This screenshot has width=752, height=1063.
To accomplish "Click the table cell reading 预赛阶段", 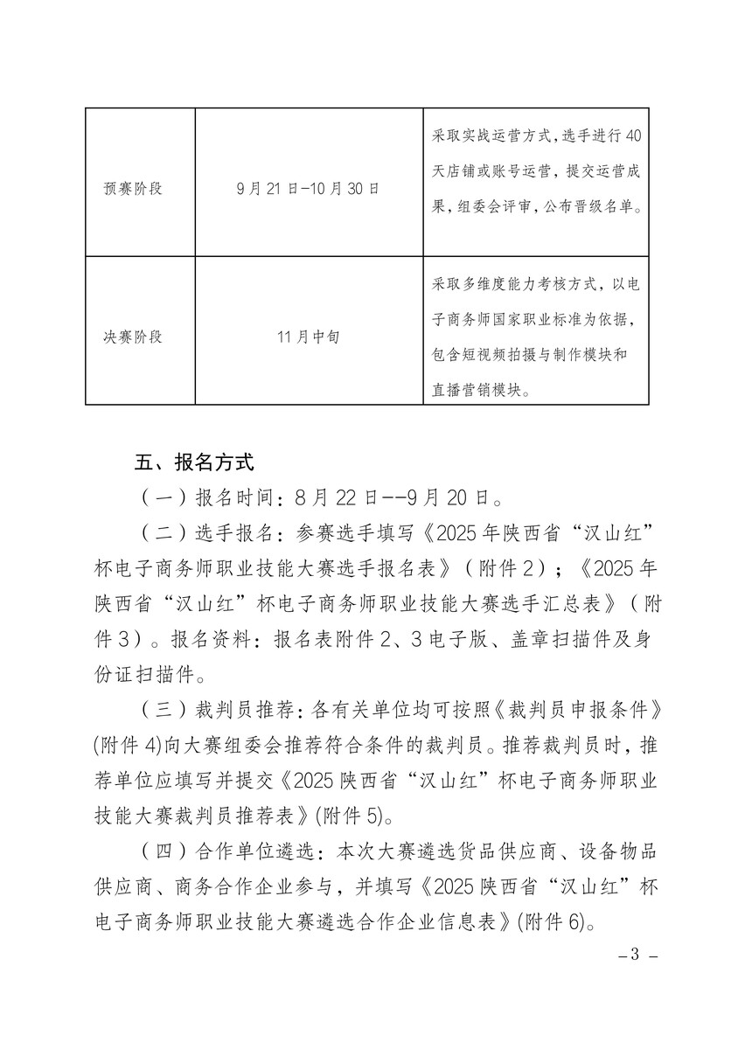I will point(133,188).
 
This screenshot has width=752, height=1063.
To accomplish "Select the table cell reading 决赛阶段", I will point(133,337).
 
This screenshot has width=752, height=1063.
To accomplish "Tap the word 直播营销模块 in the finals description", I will point(480,391).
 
